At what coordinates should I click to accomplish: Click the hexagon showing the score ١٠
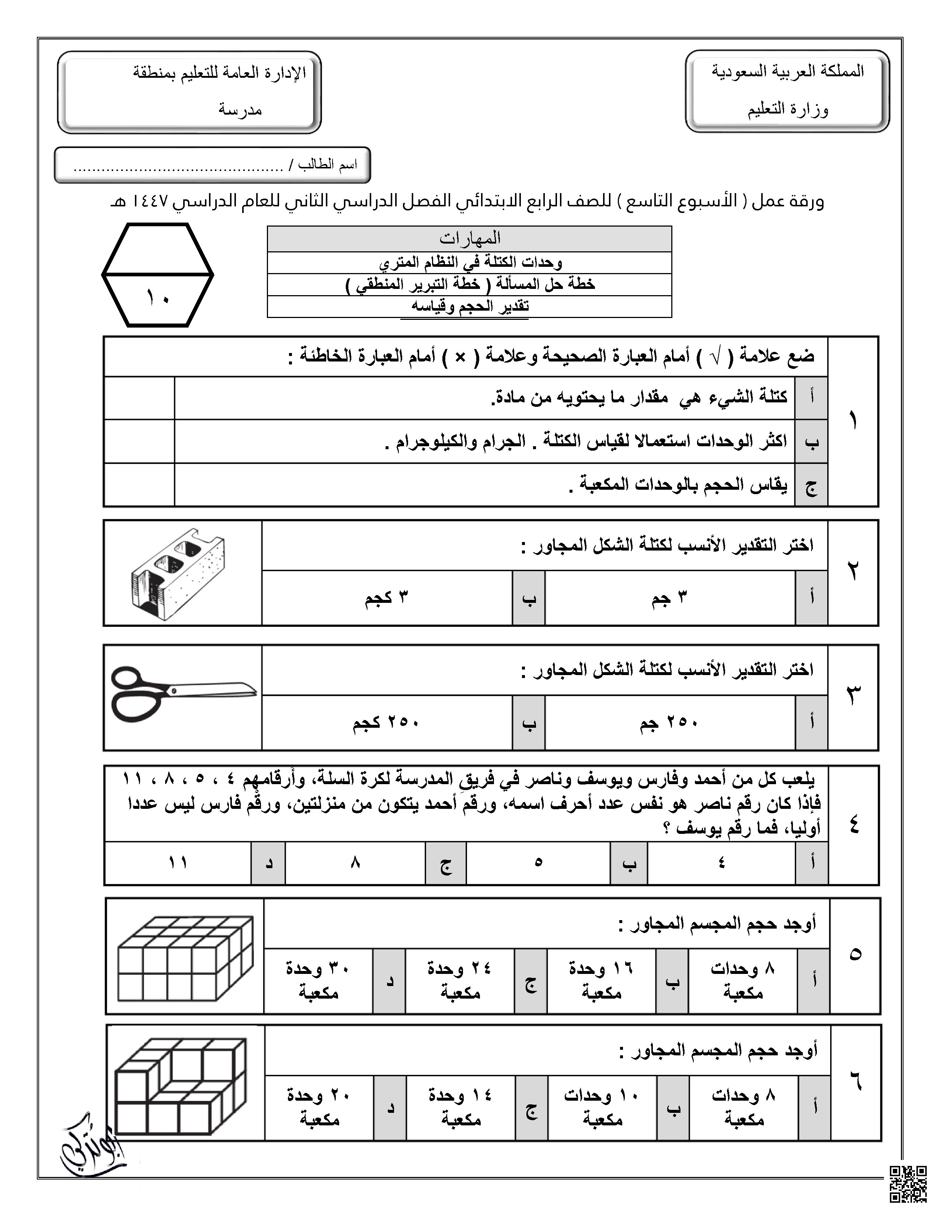[x=158, y=275]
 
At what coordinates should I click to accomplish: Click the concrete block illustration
[x=178, y=574]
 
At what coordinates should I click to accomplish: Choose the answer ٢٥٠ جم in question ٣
[x=669, y=723]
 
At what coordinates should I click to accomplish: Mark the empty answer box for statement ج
[x=139, y=485]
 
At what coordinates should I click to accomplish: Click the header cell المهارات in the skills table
[x=469, y=239]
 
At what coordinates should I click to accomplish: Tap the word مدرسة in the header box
[x=240, y=110]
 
